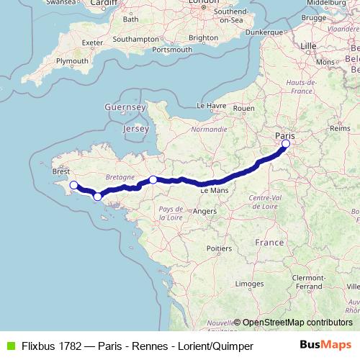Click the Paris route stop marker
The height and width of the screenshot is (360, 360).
(286, 144)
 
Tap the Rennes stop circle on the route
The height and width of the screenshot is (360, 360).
(153, 179)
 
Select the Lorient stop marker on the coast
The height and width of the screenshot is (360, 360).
(97, 196)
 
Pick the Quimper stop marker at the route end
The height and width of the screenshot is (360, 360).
(72, 186)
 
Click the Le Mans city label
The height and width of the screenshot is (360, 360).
(213, 191)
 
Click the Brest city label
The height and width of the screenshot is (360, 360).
(61, 172)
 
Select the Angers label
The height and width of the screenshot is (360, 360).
(204, 211)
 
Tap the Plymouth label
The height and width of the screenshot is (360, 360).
(71, 61)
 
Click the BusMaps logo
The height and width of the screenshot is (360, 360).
(330, 346)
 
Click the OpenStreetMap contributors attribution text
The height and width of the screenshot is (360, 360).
(297, 322)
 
